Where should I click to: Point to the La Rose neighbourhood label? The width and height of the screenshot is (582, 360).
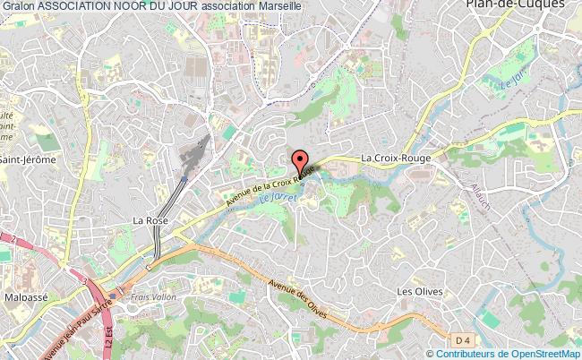tap(150, 219)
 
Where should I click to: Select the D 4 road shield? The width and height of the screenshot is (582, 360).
tap(461, 340)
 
